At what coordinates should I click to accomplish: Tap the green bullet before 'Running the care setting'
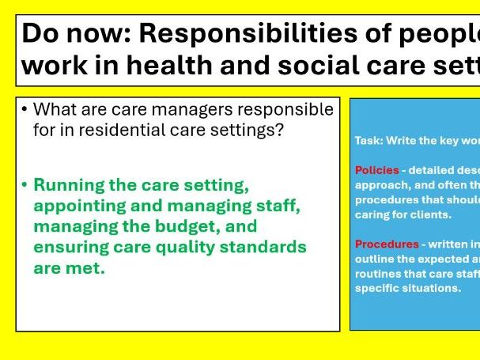pyautogui.click(x=25, y=185)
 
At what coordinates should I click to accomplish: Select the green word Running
pyautogui.click(x=69, y=185)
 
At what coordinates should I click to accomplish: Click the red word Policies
pyautogui.click(x=376, y=170)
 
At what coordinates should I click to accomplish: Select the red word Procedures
pyautogui.click(x=386, y=244)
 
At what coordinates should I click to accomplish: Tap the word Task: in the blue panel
pyautogui.click(x=369, y=140)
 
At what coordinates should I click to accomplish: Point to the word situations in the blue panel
pyautogui.click(x=433, y=288)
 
